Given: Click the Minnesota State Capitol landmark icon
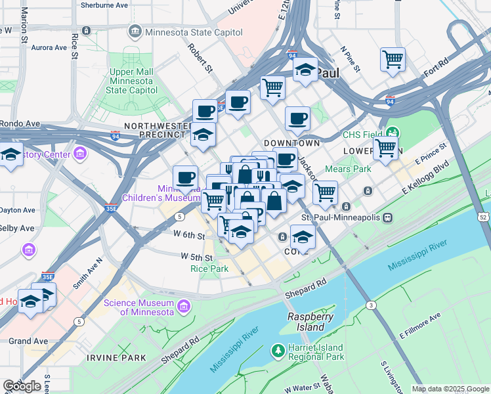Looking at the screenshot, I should coord(135,31).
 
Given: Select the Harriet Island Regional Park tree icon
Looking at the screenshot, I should coord(278,352).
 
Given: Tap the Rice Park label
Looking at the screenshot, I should coord(209,269).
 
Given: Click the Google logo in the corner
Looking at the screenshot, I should coord(22,385).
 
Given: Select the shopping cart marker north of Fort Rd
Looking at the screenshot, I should coord(393,60).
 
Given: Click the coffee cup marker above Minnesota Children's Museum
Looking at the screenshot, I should coord(186,177).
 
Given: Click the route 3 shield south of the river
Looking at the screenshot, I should coord(372,305).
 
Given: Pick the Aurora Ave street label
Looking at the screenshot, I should coord(49,47).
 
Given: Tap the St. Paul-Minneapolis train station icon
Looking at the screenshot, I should coord(388,217).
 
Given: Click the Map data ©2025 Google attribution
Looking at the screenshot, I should coord(450,389).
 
